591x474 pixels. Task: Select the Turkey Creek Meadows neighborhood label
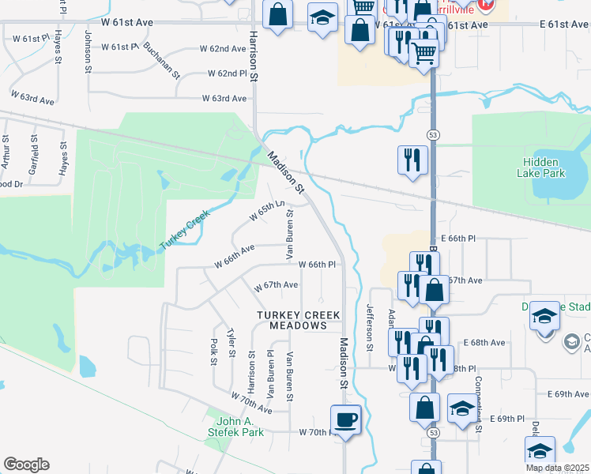(298, 320)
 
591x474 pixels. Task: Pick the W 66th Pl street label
(317, 265)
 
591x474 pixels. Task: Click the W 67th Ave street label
(275, 284)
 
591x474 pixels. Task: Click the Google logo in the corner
(26, 465)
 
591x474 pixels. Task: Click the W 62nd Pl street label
(228, 73)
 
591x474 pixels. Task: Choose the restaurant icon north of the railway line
(412, 160)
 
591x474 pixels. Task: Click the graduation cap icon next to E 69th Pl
(462, 407)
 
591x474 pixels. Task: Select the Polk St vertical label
(213, 352)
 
